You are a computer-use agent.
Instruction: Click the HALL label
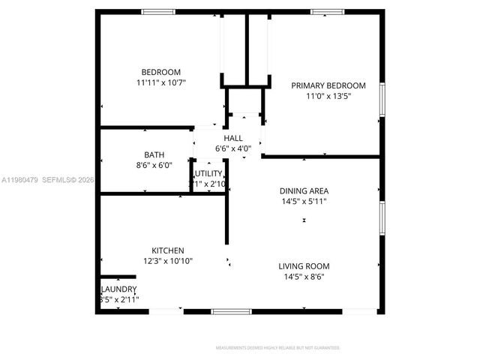(232, 138)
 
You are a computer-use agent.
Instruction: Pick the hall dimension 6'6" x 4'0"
(232, 148)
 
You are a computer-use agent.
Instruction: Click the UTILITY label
(209, 173)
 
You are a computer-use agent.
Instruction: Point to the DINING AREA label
(304, 190)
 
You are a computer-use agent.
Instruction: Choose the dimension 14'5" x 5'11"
(304, 201)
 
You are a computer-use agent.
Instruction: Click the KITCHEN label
(167, 250)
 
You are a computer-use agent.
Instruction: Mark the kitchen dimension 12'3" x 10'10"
(167, 261)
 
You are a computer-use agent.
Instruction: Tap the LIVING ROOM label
(304, 266)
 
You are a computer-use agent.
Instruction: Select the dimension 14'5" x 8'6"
(304, 277)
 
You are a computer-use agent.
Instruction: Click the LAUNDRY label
(118, 289)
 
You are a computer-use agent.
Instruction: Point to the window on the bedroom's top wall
(158, 12)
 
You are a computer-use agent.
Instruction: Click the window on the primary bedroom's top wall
(328, 12)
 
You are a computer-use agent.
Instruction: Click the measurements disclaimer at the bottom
(277, 348)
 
